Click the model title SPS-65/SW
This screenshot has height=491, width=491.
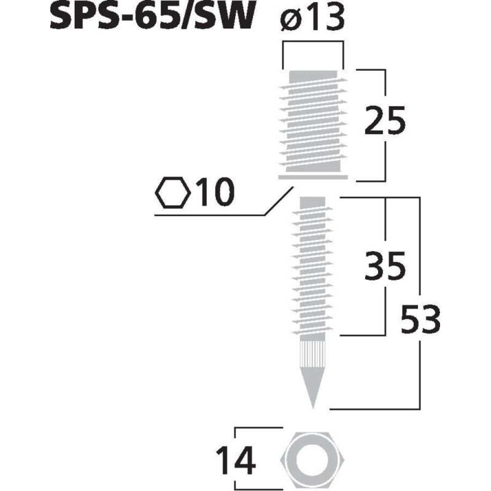[x=150, y=18]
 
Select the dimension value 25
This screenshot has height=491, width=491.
[x=385, y=120]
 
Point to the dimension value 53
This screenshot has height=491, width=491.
[x=420, y=319]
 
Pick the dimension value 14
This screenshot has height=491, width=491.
[x=235, y=460]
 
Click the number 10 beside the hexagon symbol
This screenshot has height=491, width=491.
[x=215, y=193]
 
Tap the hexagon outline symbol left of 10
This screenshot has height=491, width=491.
[x=172, y=193]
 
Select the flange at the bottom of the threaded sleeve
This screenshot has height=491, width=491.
[x=313, y=178]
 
